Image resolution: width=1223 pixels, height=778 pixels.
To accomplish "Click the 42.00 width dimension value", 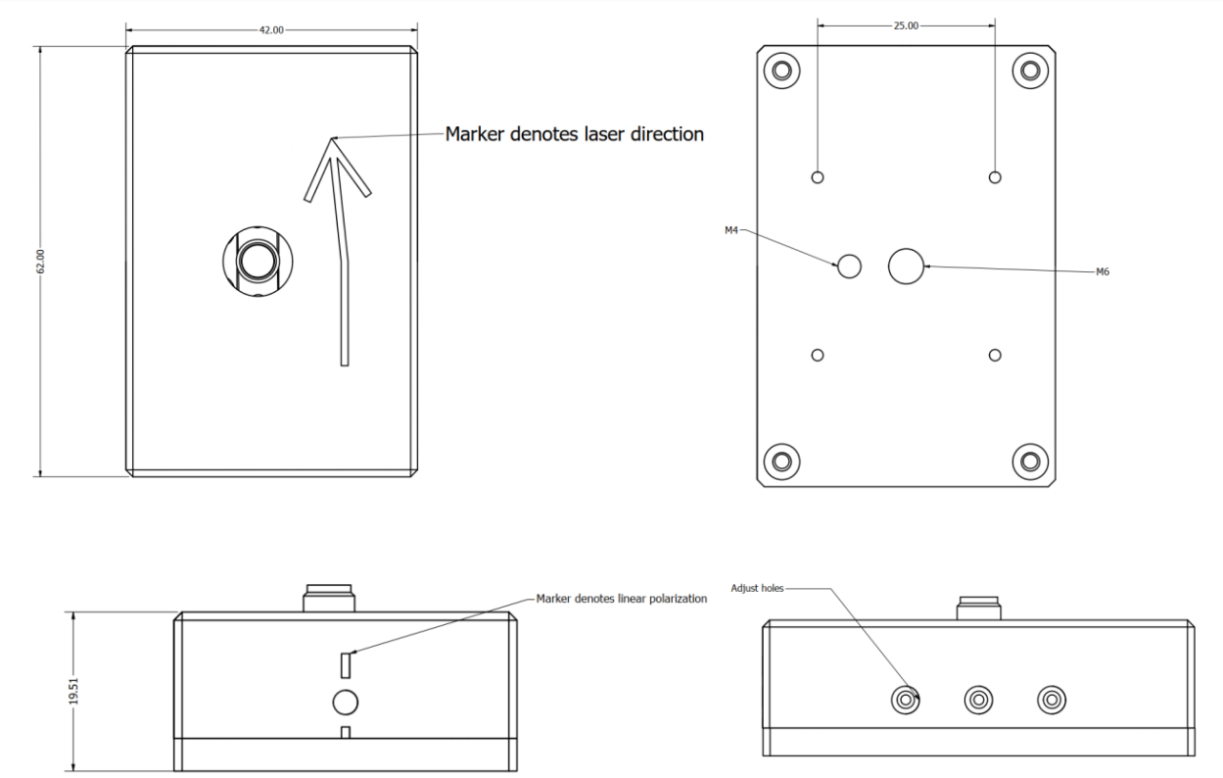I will (x=271, y=29).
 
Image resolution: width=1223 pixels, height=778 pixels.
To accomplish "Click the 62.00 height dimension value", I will (x=40, y=262).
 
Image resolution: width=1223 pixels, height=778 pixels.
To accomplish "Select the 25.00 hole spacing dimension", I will (x=906, y=25).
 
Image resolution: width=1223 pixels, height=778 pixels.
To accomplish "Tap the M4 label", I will (x=730, y=230).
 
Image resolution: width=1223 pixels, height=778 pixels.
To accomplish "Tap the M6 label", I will (x=1103, y=272).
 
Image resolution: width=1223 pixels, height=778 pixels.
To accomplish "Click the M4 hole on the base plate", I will (x=849, y=266).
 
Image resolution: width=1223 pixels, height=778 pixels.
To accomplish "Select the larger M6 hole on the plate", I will (x=906, y=266).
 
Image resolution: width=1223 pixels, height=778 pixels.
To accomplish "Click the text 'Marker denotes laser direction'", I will (x=575, y=134).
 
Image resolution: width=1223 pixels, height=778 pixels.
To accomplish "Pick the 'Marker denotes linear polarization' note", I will (x=621, y=598).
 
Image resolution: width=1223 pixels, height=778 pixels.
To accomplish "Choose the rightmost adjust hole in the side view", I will (x=1051, y=700).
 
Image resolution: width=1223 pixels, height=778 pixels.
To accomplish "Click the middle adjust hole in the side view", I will (x=977, y=700).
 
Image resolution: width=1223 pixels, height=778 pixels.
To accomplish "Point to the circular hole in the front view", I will (x=346, y=702).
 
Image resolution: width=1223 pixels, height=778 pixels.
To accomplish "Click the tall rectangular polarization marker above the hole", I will (x=346, y=664).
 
